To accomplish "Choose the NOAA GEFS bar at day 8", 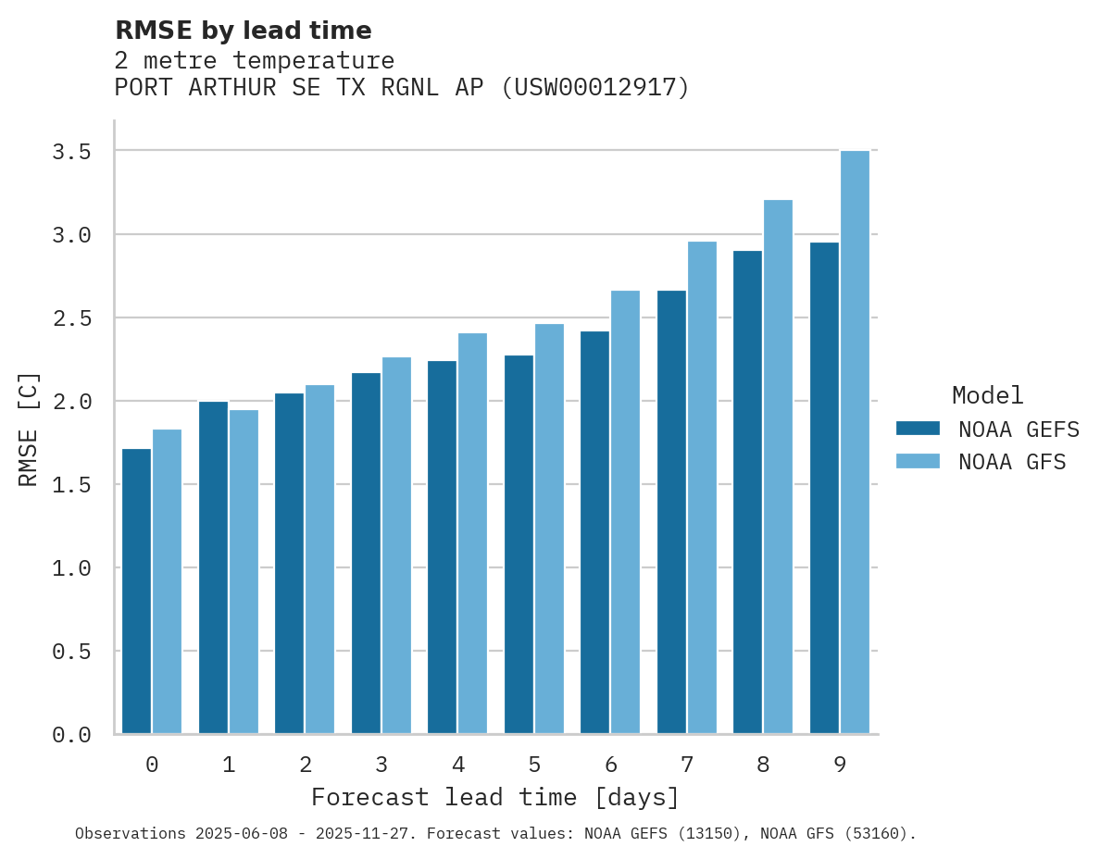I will point(747,492).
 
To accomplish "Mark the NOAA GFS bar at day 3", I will point(396,545).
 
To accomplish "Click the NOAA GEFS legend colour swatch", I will point(918,429).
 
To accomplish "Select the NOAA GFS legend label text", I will point(1012,462).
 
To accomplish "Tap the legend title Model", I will point(987,395).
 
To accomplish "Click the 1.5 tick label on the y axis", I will point(71,485).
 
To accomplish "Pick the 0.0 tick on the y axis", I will point(71,735).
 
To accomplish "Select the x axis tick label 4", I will point(458,765).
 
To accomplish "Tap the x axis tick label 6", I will point(611,765).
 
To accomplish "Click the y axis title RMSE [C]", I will point(29,429).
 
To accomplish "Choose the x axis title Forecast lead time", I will point(495,797).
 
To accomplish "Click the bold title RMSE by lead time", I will point(243,31).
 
